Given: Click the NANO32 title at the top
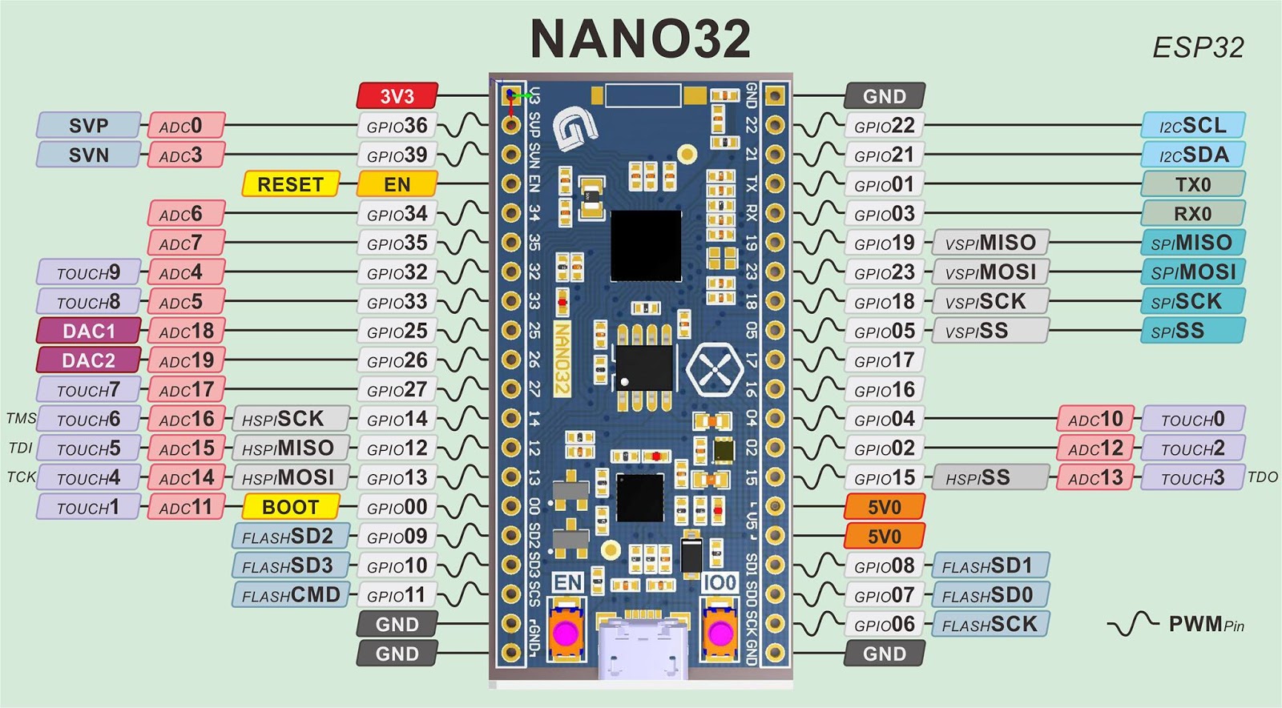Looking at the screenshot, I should [x=640, y=39].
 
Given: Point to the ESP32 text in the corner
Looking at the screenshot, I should [x=1198, y=48].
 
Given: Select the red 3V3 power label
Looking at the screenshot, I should [x=397, y=96].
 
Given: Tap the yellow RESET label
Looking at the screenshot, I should [x=290, y=184].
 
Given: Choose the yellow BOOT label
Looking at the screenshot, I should [x=290, y=507].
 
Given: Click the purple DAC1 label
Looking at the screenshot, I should [x=88, y=331].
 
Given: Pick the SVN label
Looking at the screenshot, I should [x=88, y=155].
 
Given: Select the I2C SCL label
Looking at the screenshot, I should [x=1193, y=126].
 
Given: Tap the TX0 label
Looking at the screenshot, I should [x=1193, y=184].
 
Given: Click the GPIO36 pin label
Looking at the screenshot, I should [x=397, y=126].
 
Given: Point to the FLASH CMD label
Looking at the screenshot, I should [x=290, y=595].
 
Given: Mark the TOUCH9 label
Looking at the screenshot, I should [x=88, y=272].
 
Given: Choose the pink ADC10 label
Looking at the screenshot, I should [x=1095, y=419].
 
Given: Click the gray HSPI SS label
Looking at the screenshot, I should [x=990, y=478].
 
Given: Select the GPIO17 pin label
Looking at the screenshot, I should [x=884, y=360].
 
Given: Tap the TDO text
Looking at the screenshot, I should [x=1263, y=477].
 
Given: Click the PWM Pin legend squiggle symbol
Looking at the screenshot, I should [x=1133, y=624].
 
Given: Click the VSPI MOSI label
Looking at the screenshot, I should [x=990, y=272].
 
